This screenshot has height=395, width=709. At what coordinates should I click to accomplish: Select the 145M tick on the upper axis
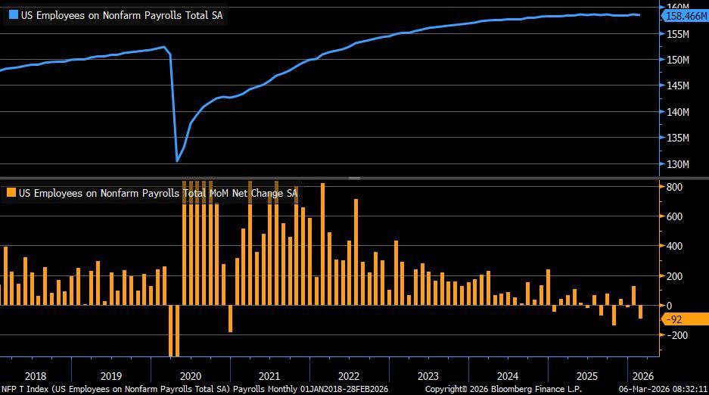[678, 86]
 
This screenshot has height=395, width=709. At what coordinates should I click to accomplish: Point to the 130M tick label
[678, 164]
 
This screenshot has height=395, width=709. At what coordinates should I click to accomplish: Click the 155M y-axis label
[678, 34]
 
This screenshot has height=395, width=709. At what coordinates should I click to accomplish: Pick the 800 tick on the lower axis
[675, 187]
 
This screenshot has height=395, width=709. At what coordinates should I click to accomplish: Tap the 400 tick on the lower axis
[675, 246]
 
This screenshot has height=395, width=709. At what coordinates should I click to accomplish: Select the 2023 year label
[428, 376]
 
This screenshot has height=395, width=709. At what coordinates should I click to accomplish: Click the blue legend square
[11, 15]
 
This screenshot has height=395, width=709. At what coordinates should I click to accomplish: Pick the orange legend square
[11, 193]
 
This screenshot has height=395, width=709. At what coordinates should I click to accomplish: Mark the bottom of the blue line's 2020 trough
[177, 160]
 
